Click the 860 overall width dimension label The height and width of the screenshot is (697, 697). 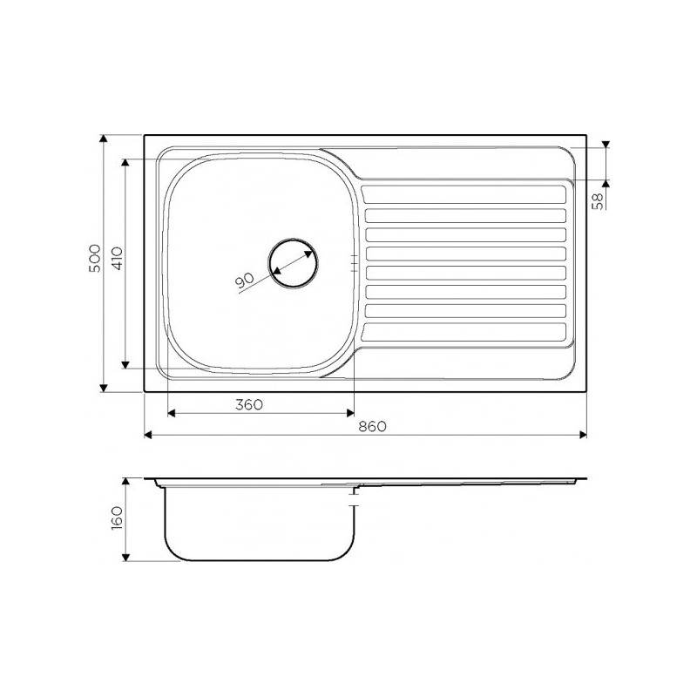(x=373, y=426)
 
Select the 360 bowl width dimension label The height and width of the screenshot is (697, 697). (x=249, y=405)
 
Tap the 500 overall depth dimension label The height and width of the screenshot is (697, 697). (x=95, y=258)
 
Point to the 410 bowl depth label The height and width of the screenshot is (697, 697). (x=117, y=259)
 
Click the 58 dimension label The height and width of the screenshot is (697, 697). (x=599, y=201)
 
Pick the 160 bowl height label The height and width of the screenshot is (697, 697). (x=117, y=518)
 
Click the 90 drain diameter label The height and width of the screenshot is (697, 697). (x=244, y=280)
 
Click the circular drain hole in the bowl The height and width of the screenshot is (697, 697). (x=294, y=263)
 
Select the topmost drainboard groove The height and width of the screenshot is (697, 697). (x=464, y=194)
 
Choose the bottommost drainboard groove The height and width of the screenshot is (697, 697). (x=464, y=333)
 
